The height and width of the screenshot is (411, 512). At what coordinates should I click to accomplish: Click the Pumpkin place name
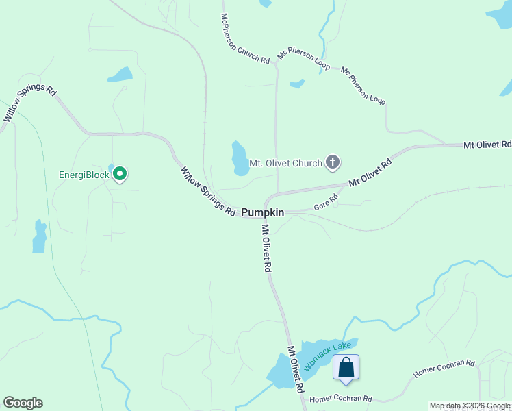pyautogui.click(x=262, y=213)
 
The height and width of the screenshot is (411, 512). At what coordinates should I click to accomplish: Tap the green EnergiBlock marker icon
pyautogui.click(x=120, y=175)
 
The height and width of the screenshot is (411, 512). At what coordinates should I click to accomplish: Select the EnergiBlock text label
pyautogui.click(x=84, y=175)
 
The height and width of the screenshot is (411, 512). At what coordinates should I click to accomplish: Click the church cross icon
pyautogui.click(x=333, y=163)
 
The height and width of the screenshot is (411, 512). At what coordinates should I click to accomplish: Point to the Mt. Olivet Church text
pyautogui.click(x=285, y=163)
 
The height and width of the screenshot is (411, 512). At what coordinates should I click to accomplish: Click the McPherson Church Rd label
pyautogui.click(x=244, y=39)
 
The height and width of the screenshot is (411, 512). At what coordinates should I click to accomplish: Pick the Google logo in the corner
pyautogui.click(x=23, y=403)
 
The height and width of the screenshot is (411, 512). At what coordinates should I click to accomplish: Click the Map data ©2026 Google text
pyautogui.click(x=470, y=406)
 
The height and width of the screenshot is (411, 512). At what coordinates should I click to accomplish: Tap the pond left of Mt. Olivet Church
pyautogui.click(x=240, y=159)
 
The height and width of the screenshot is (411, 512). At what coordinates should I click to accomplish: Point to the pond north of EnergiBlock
pyautogui.click(x=120, y=75)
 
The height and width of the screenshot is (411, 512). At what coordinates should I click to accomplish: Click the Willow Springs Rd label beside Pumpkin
pyautogui.click(x=207, y=191)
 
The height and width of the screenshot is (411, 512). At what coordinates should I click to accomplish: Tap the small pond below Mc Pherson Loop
pyautogui.click(x=296, y=84)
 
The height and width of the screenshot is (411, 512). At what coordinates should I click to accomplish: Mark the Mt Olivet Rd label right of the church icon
pyautogui.click(x=370, y=173)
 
